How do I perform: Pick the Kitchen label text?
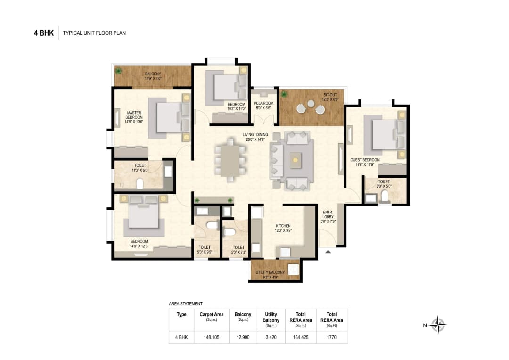(283, 228)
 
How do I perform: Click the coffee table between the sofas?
(295, 160)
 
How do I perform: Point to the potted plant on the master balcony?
(119, 71)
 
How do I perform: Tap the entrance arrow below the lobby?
(328, 253)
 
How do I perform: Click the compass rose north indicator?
(438, 324)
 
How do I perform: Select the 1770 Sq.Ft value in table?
(331, 337)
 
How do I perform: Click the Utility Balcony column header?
(271, 319)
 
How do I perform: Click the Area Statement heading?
(185, 304)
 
